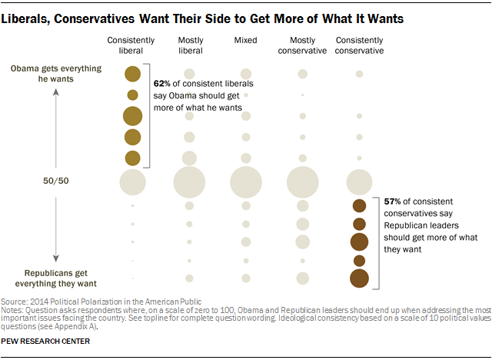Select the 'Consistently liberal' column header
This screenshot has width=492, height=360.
click(132, 45)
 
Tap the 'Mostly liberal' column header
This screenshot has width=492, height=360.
click(189, 45)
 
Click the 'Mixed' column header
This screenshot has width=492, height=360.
click(246, 40)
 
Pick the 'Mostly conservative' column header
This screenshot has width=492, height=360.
click(302, 45)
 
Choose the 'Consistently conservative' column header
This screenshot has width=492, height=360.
click(359, 45)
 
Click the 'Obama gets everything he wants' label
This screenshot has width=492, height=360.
click(55, 74)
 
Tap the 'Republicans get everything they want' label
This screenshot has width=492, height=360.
click(55, 278)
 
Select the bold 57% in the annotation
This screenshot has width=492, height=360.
click(392, 202)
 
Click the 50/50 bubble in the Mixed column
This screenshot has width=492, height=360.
click(246, 182)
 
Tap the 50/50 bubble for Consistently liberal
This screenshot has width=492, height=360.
click(132, 182)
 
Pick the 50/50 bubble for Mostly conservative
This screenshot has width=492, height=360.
click(302, 182)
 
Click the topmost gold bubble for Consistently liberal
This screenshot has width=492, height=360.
click(132, 74)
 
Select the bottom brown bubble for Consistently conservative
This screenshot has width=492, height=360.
click(359, 278)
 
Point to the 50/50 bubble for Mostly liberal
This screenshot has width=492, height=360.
click(189, 182)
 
